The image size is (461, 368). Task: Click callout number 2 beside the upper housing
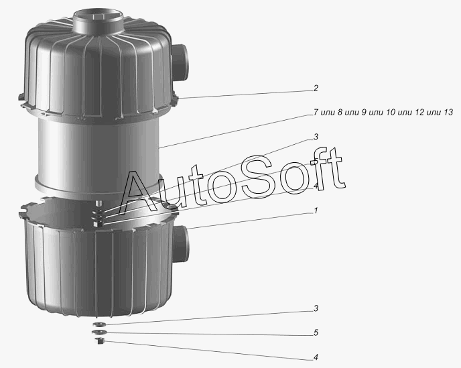(316, 88)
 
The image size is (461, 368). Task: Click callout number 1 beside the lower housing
(316, 210)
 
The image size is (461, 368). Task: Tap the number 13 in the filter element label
(449, 112)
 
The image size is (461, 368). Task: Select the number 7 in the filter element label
(316, 112)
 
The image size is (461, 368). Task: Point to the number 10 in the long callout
(391, 112)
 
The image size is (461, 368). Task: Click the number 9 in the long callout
(364, 112)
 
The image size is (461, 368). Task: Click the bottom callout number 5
(316, 332)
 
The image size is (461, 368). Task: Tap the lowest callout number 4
(316, 357)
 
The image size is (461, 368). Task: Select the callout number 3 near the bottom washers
(316, 308)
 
